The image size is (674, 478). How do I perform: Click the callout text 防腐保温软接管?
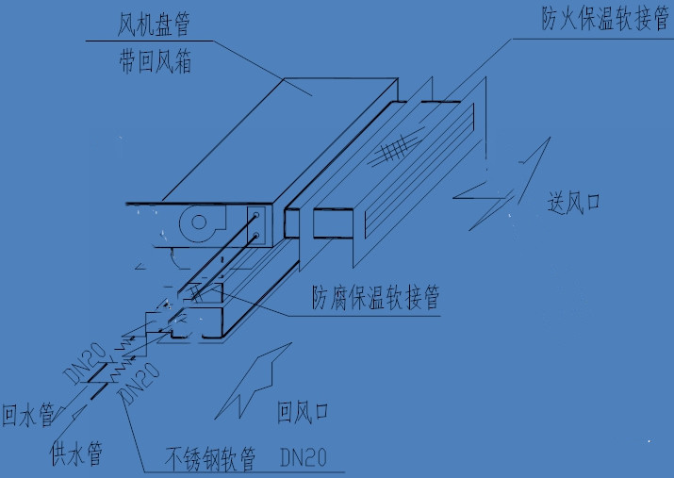(376, 298)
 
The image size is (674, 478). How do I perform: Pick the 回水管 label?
(27, 416)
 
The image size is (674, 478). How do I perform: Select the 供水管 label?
(75, 454)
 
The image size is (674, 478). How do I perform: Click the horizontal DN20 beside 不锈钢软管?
(304, 459)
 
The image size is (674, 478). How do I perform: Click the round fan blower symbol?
(199, 224)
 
